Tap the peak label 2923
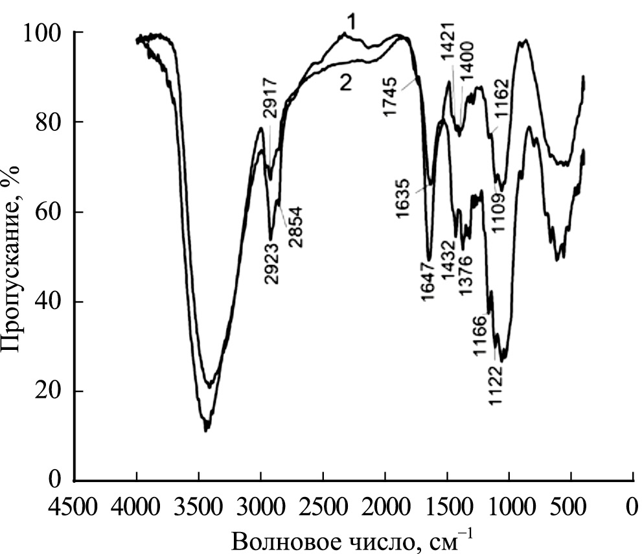coord(271,262)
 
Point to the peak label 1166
coord(480,336)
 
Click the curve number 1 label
coord(352,23)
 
